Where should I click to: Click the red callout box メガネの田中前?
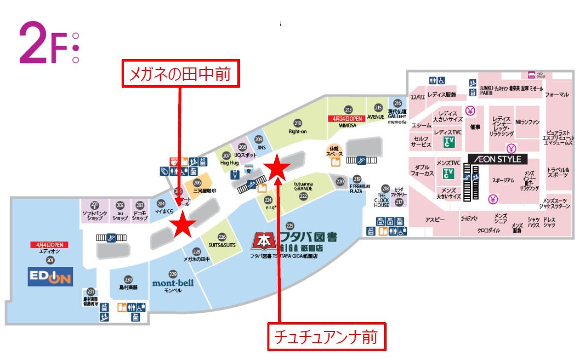point(180,74)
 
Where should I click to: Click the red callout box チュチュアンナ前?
point(327,337)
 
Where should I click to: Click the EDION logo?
point(50,276)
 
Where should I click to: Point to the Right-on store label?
point(298,131)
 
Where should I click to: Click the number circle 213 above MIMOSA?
point(348,110)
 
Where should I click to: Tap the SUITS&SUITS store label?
point(222,245)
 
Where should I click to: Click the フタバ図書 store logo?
point(295,240)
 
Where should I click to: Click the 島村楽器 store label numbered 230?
point(128,287)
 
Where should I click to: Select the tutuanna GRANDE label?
point(303,187)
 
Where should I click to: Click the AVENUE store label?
point(378,117)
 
